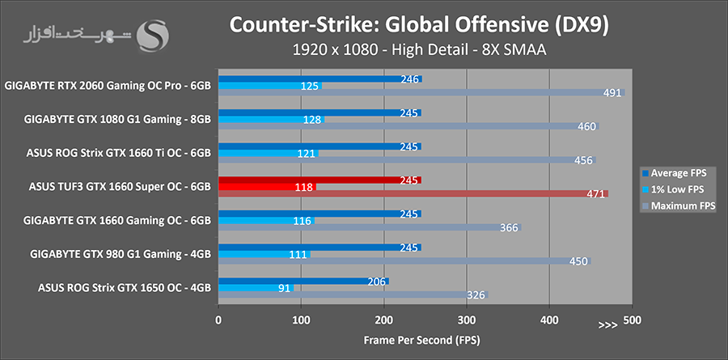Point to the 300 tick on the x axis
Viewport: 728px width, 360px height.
(467, 320)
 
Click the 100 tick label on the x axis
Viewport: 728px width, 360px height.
(301, 320)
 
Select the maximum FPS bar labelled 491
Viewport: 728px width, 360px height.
(421, 92)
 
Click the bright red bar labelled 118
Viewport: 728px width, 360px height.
(266, 187)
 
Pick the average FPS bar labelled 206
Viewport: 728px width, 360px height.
(303, 282)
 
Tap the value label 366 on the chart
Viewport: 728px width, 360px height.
(509, 228)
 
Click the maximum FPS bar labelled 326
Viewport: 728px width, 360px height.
(353, 295)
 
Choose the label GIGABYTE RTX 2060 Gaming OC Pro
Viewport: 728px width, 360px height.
(108, 84)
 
